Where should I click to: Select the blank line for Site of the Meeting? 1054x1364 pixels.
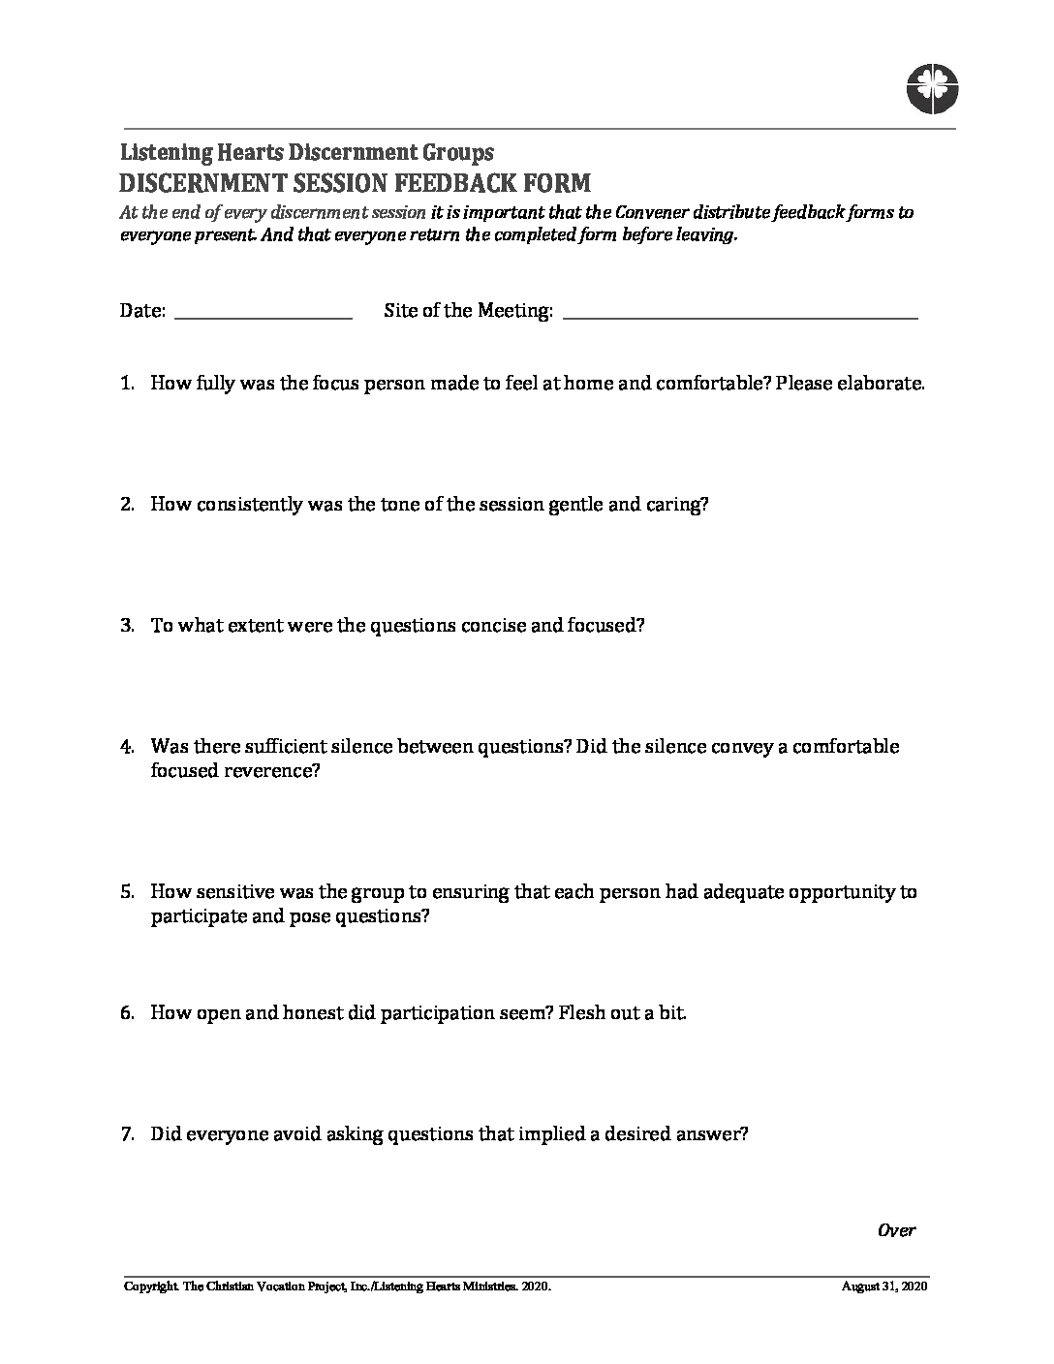739,316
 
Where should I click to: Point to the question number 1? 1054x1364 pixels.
127,383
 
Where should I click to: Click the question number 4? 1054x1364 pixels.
127,747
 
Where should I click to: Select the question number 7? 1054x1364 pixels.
127,1134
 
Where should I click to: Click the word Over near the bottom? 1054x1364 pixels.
896,1230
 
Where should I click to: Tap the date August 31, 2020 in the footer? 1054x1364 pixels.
885,1287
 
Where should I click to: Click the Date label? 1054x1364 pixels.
142,311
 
